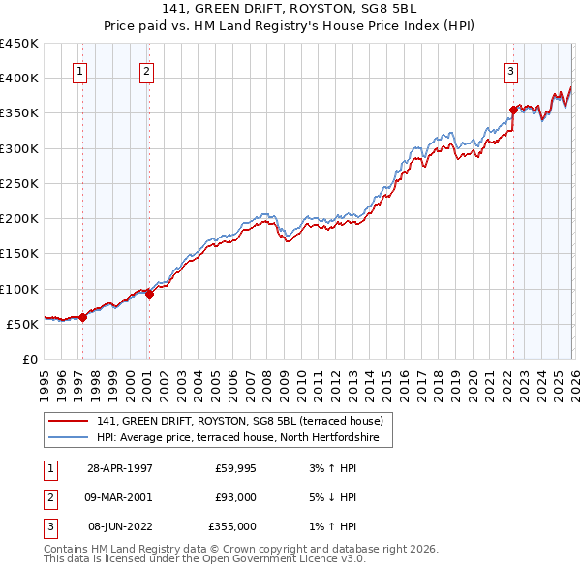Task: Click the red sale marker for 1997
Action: (x=83, y=316)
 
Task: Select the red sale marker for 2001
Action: (x=149, y=294)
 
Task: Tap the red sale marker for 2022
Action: (x=513, y=110)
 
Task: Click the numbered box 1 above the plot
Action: (x=78, y=70)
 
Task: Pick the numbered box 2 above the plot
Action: (x=145, y=70)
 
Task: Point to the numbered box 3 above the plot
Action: (x=509, y=70)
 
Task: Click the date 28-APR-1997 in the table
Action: (x=120, y=468)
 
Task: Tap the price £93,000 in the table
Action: (x=235, y=497)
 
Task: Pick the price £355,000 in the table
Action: (x=232, y=526)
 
